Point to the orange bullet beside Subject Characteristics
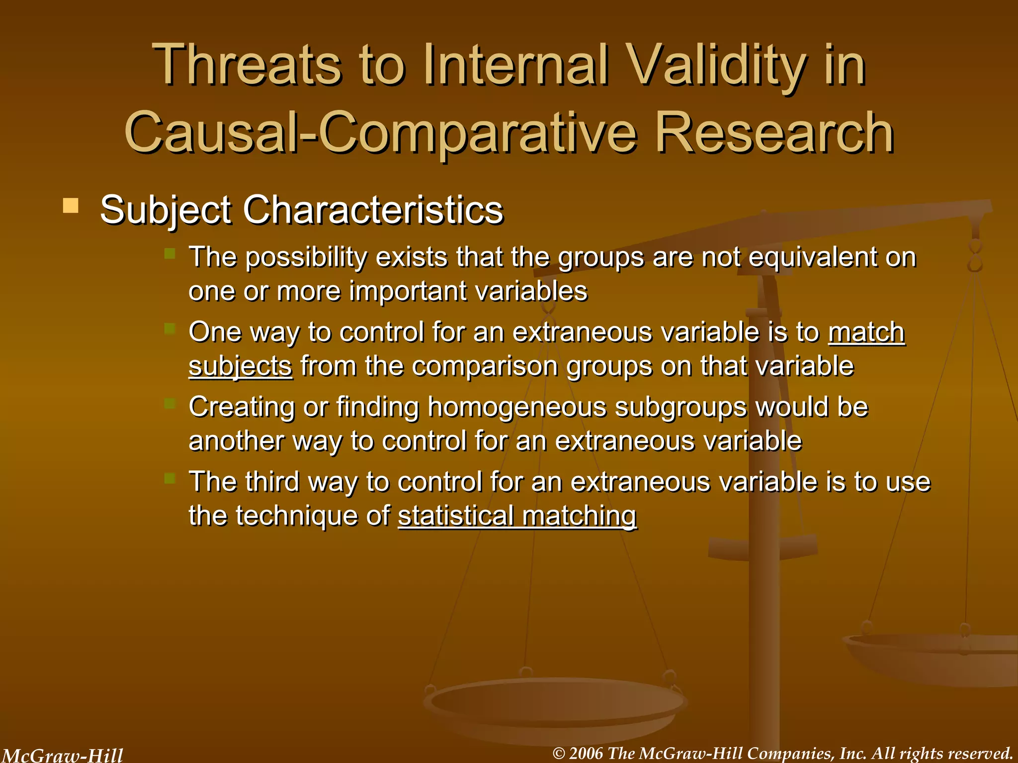coord(71,206)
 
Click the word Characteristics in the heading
coord(373,210)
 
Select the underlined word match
coord(866,332)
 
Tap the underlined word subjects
coord(240,367)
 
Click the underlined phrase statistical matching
coord(517,516)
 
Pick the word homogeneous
coord(517,407)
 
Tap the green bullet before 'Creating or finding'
coord(170,403)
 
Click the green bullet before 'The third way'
coord(170,478)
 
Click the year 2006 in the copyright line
coord(586,754)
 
